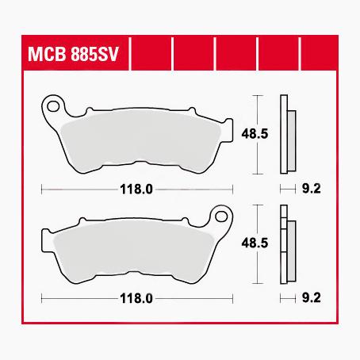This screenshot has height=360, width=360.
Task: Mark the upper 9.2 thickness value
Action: (x=312, y=190)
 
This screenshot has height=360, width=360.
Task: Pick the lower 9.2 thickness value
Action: (x=312, y=299)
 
